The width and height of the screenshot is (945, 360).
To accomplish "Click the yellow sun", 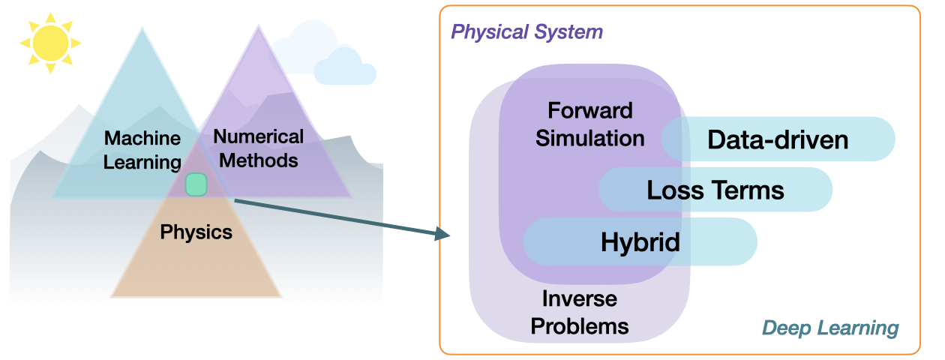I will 50,42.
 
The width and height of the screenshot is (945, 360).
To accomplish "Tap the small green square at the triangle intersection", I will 196,184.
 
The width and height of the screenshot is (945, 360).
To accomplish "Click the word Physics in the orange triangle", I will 196,232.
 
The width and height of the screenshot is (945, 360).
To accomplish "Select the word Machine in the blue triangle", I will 142,139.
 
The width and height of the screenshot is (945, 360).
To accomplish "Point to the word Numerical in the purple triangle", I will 259,136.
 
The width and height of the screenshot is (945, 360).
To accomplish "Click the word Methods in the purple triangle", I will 259,160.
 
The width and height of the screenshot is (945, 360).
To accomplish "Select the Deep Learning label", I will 830,328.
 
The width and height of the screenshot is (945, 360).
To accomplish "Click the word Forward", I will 590,111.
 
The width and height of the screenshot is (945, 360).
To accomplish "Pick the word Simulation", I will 590,138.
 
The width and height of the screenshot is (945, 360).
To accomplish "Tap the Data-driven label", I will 778,139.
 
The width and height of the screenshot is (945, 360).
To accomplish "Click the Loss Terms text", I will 715,190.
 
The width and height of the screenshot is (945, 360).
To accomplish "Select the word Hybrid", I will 640,241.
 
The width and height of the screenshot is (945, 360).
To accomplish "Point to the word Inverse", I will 579,299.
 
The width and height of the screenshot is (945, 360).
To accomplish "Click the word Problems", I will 579,326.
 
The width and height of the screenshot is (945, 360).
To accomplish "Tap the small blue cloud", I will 344,67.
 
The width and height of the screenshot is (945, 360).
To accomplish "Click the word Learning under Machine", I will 142,162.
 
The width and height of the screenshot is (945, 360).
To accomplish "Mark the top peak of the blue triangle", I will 142,29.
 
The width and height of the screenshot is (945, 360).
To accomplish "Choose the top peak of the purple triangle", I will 257,28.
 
